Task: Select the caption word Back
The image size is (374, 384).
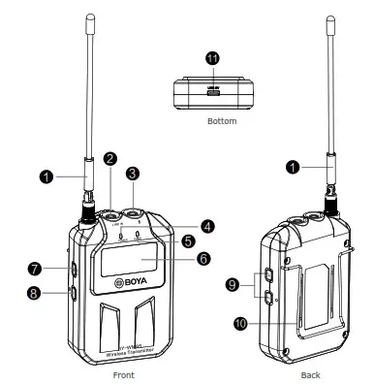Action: click(x=309, y=372)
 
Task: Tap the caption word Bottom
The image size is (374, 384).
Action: click(x=222, y=124)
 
